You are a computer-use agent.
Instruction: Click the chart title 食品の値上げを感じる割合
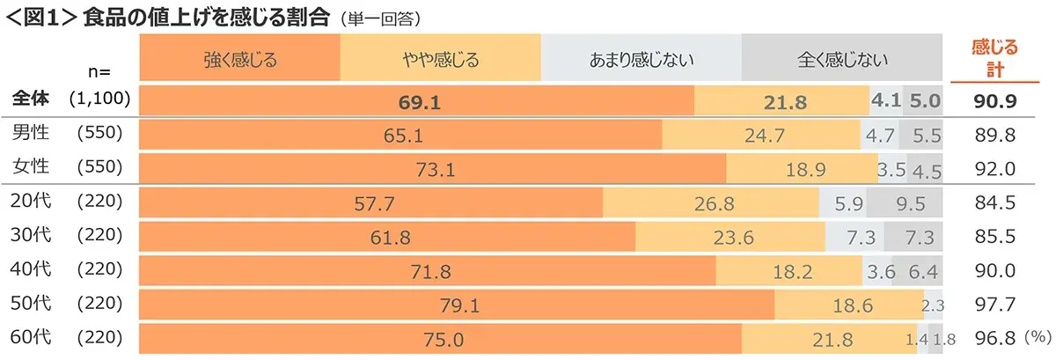[206, 17]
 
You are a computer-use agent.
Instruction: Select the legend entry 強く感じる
[239, 61]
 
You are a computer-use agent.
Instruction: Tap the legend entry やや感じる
[440, 61]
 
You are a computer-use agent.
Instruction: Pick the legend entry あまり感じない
[642, 61]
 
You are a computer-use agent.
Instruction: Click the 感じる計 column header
[995, 58]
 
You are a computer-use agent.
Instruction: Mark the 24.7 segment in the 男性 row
[761, 136]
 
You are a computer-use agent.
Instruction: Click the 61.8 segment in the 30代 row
[387, 238]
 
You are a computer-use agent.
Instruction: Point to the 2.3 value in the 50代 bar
[933, 305]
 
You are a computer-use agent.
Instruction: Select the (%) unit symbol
[1039, 337]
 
